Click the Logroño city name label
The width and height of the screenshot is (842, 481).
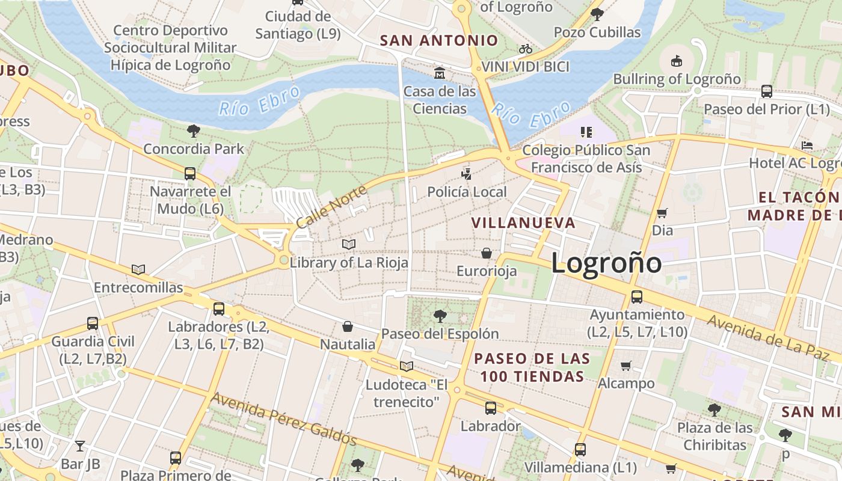point(606,263)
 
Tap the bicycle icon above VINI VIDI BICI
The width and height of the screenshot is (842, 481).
point(525,49)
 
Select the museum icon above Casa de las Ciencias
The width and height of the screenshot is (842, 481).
point(440,73)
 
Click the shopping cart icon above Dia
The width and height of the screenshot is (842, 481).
point(662,212)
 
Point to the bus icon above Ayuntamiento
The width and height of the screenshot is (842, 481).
point(636,296)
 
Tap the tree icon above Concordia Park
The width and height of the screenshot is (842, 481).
point(193,130)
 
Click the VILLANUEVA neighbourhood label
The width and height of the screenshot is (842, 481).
point(523,223)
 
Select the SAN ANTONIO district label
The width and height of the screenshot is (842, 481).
point(439,41)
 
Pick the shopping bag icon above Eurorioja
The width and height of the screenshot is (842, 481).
point(486,253)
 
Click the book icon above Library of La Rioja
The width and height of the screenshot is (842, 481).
point(349,244)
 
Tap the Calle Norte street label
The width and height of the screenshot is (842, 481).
point(331,206)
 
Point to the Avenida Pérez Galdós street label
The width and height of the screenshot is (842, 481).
point(283,419)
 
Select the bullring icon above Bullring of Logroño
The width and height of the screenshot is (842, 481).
point(677,60)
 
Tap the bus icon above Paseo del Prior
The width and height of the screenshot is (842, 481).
point(766,91)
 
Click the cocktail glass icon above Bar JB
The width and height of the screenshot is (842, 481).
point(79,446)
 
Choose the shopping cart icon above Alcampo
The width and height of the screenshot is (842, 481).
point(626,365)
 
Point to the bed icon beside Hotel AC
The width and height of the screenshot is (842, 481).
point(807,146)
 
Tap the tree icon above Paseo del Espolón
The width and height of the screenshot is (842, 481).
point(440,315)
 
